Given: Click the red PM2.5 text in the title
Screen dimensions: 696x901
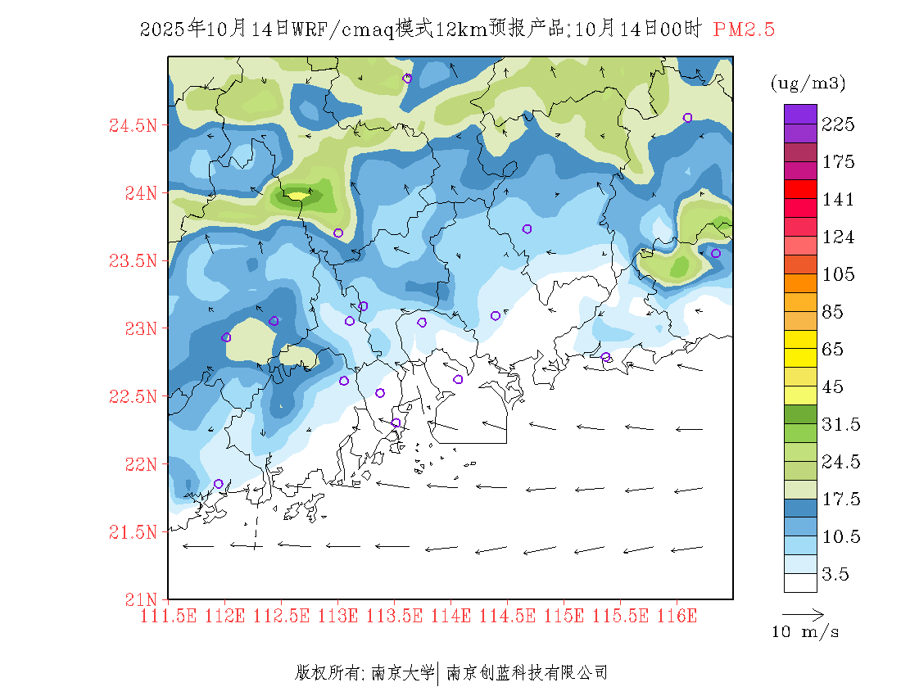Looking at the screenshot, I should (744, 30).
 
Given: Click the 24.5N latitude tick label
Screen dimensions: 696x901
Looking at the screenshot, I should (134, 125).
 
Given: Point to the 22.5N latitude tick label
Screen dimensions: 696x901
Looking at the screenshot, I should (134, 396).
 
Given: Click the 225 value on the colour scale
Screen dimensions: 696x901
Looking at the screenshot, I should (839, 124).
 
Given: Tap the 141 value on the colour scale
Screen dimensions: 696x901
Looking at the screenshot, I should (839, 200).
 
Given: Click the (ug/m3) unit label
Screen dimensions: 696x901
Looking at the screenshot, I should (808, 84).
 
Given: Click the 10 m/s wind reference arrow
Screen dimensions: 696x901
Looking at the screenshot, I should (803, 613).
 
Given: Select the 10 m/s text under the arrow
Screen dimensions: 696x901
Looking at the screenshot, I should (806, 632).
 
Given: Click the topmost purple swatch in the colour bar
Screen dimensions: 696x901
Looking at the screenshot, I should (800, 113).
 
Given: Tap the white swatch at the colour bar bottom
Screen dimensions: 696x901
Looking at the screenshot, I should (800, 582).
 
